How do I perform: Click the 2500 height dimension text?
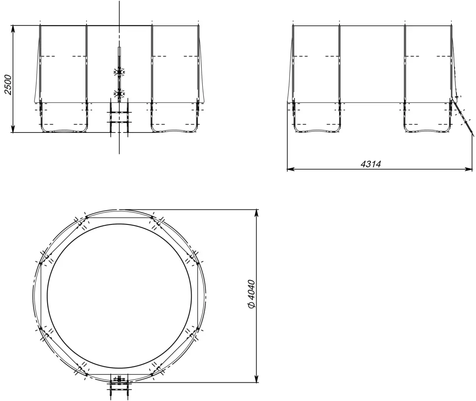tap(8, 84)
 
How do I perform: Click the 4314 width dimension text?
tap(370, 164)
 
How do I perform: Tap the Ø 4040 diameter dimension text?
tap(251, 294)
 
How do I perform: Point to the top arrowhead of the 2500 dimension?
tap(13, 30)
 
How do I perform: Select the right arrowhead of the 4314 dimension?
tap(467, 169)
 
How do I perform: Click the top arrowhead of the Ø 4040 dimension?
tap(257, 214)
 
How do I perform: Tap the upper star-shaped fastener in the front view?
tap(119, 72)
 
